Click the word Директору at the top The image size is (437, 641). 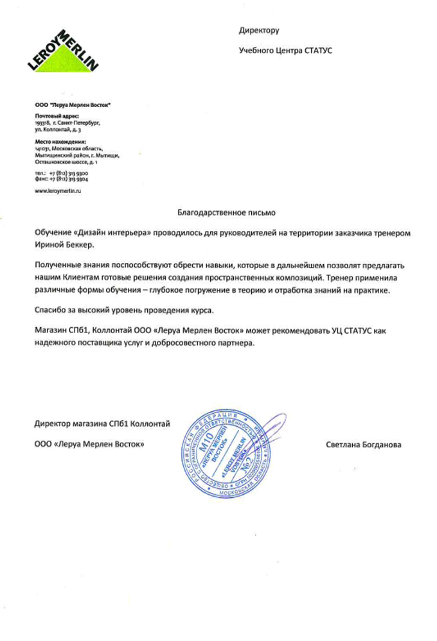pyautogui.click(x=259, y=30)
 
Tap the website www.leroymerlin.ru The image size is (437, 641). pyautogui.click(x=58, y=191)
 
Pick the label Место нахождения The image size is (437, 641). pyautogui.click(x=60, y=141)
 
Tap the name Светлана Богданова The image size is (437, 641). pyautogui.click(x=363, y=444)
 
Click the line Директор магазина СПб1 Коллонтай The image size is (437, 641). pyautogui.click(x=102, y=423)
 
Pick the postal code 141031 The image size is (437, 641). pyautogui.click(x=42, y=148)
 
